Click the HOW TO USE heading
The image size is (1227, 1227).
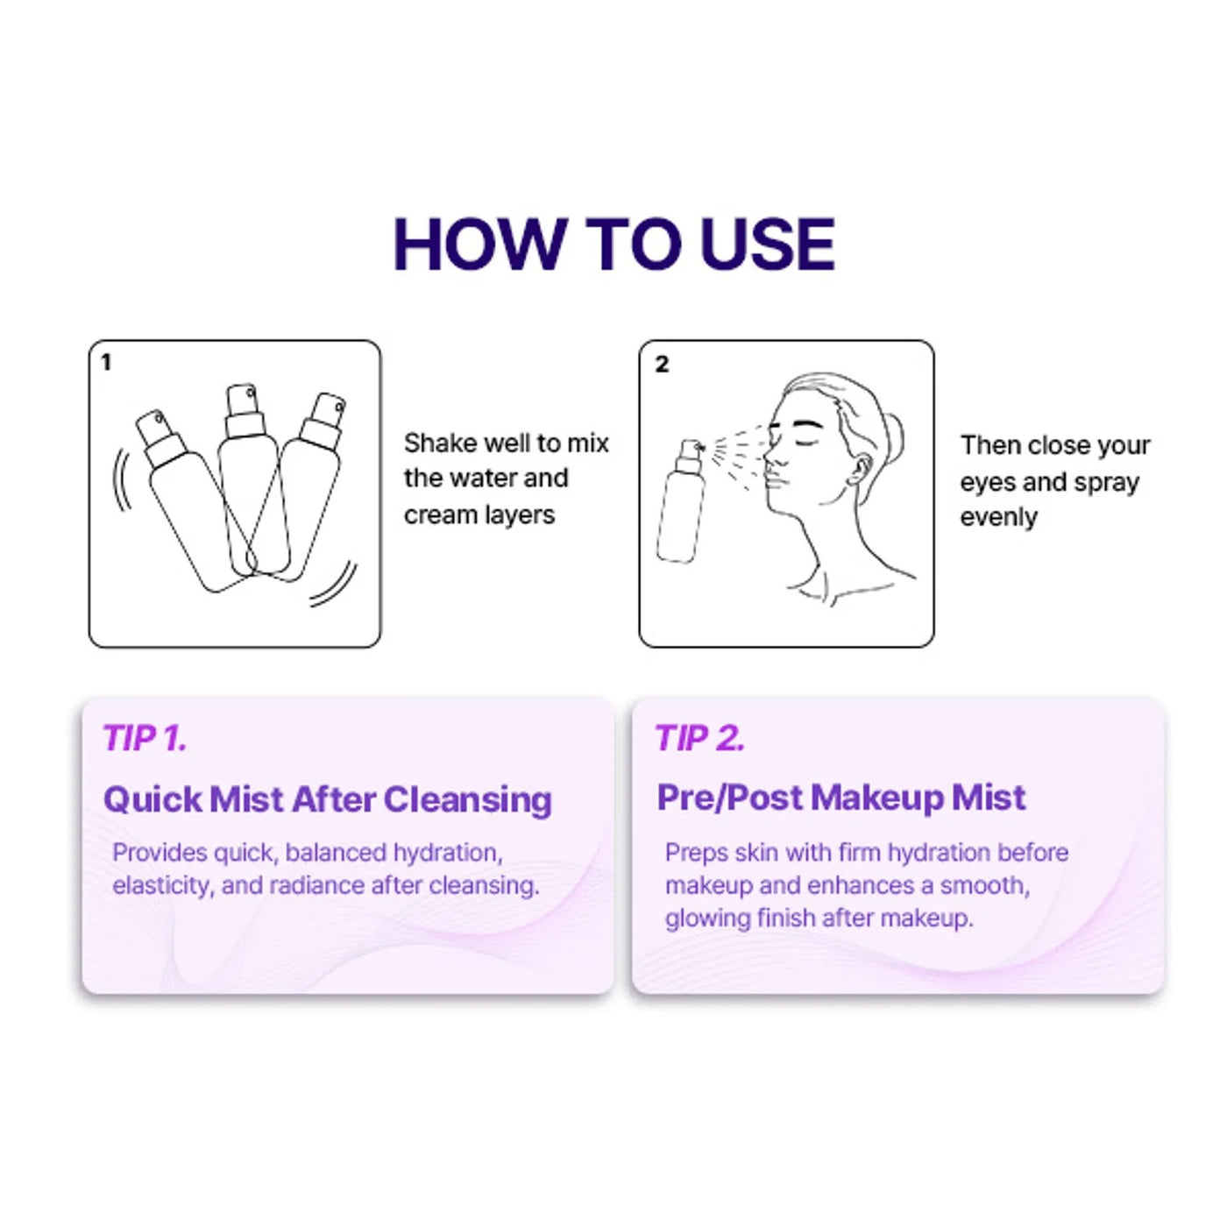(x=613, y=245)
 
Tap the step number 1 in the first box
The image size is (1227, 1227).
(x=106, y=362)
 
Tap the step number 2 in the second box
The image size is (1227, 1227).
(x=663, y=365)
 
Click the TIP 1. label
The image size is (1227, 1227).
(x=145, y=738)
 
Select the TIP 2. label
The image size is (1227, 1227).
(x=699, y=738)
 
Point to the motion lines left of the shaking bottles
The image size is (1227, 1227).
(x=122, y=479)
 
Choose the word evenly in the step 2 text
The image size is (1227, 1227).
(x=998, y=519)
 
